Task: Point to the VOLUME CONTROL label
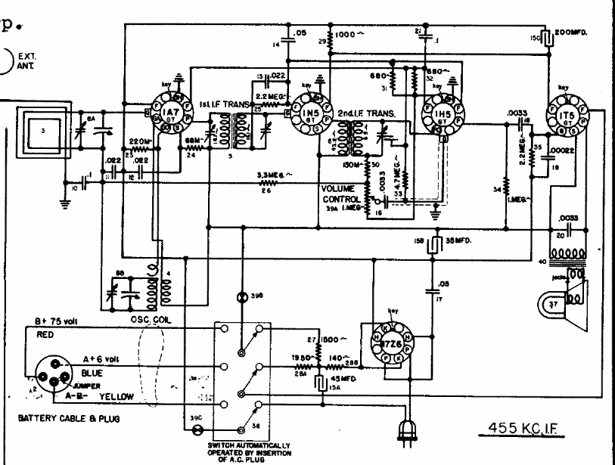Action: click(343, 193)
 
